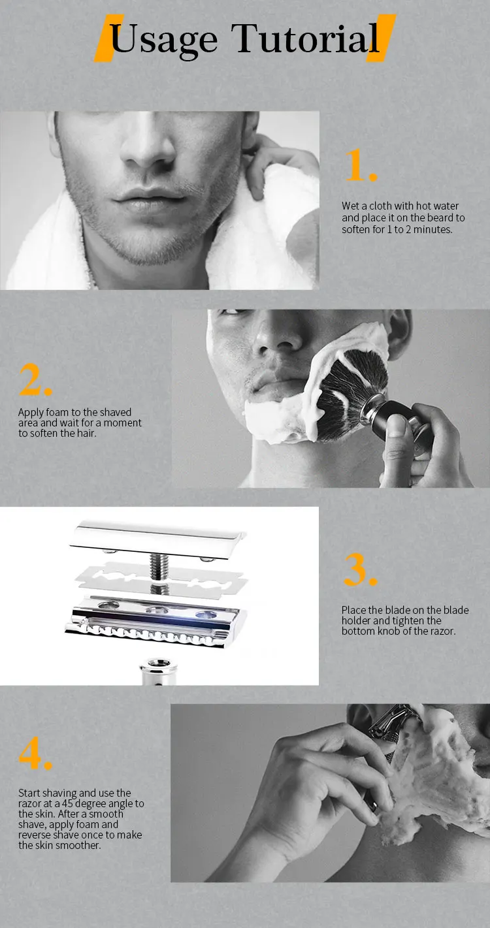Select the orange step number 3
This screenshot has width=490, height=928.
pos(361,569)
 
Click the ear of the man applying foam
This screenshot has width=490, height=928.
pos(399,334)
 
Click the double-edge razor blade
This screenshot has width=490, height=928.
pos(161,579)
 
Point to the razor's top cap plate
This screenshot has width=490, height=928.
pos(158,539)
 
